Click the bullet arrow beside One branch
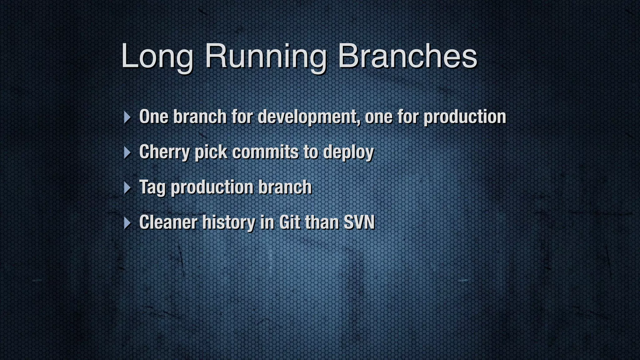pos(127,117)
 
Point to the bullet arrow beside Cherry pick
pos(127,152)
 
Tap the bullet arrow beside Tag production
pos(127,188)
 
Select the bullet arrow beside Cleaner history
pos(127,223)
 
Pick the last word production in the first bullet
pos(465,117)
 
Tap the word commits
pos(265,152)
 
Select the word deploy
pos(348,152)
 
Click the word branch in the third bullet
pos(285,187)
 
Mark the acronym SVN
pos(359,222)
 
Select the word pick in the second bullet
pos(211,152)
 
